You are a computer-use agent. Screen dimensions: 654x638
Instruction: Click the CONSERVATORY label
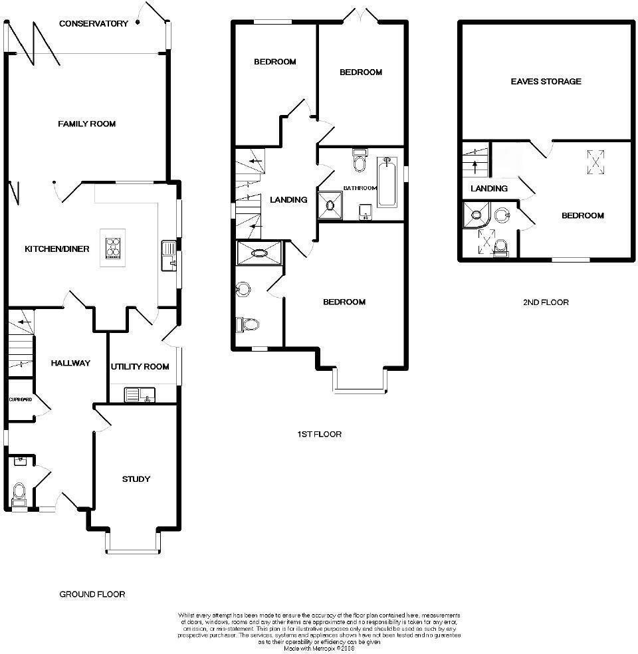(x=93, y=24)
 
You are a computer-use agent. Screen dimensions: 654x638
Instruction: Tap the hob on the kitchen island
(x=113, y=247)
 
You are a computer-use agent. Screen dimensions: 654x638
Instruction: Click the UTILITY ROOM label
(x=140, y=367)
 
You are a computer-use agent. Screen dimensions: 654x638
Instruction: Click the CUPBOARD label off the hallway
(x=20, y=400)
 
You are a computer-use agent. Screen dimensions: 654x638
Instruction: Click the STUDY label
(x=136, y=479)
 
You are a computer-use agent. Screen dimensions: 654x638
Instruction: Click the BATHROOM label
(x=360, y=189)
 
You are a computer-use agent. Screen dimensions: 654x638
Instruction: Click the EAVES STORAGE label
(x=546, y=82)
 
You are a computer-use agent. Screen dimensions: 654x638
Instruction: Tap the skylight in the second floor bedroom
(x=595, y=160)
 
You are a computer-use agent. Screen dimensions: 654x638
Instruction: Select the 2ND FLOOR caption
(x=546, y=302)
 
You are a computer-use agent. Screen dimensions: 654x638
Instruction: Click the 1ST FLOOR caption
(x=319, y=435)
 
